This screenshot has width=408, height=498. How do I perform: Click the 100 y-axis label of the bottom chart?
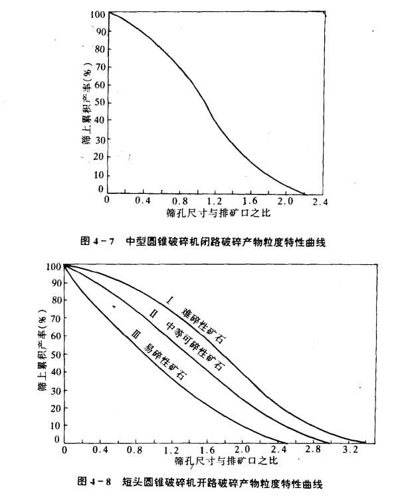pyautogui.click(x=52, y=267)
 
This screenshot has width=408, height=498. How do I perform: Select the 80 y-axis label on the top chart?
pyautogui.click(x=99, y=49)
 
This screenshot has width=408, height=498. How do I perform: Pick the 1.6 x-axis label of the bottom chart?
pyautogui.click(x=207, y=452)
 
